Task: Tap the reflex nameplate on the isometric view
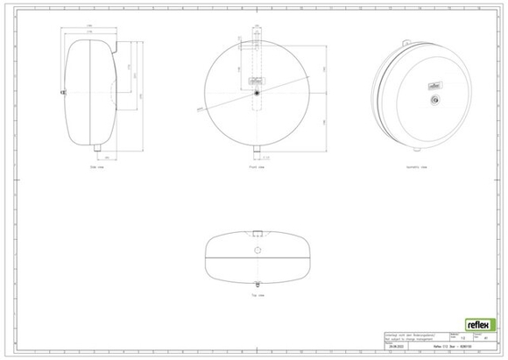pyautogui.click(x=433, y=85)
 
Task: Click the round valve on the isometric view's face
pyautogui.click(x=432, y=101)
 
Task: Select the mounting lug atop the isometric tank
pyautogui.click(x=406, y=42)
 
